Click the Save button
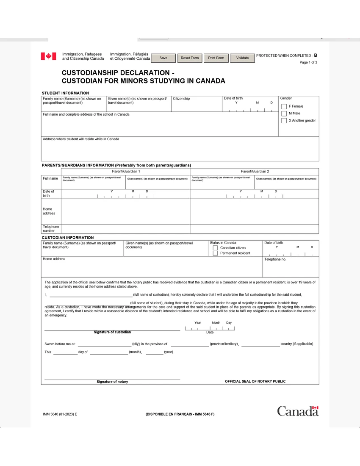163,58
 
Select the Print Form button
216,58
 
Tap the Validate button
242,58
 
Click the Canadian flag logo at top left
48,56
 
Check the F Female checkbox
284,106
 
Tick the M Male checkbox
284,114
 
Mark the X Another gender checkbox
284,121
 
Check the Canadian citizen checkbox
215,248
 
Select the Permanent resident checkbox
215,253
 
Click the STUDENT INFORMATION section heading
65,93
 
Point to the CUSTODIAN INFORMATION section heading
67,238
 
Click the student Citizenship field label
181,99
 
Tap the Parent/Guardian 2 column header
255,171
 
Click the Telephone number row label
51,229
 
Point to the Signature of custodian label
112,332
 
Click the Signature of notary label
112,382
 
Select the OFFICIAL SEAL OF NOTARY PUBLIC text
255,381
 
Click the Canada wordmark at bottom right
297,411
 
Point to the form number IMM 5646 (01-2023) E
60,414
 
